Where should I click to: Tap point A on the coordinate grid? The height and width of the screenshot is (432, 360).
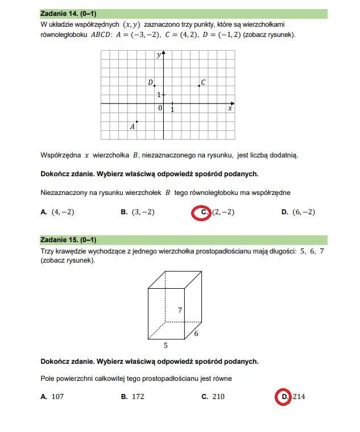[137, 122]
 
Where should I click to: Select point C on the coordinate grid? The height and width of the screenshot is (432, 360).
[199, 85]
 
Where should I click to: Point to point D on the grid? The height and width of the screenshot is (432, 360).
[155, 85]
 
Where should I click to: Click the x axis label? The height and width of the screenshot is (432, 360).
[230, 108]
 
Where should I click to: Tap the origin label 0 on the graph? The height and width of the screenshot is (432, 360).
[160, 108]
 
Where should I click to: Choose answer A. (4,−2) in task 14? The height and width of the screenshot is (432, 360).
[58, 212]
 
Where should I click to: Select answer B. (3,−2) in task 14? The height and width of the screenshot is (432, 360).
[138, 212]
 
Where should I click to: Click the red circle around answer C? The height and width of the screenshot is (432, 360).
[201, 212]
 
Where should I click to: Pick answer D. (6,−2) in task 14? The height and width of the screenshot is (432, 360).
[298, 212]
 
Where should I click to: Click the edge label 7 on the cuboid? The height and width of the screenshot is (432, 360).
[180, 310]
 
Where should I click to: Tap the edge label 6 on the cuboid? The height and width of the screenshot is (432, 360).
[196, 334]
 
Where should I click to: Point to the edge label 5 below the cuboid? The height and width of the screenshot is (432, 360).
[165, 344]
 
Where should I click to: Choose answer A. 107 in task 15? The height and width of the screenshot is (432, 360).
[52, 397]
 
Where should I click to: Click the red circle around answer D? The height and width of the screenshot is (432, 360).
[283, 397]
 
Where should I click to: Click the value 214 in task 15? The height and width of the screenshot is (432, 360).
[299, 397]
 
